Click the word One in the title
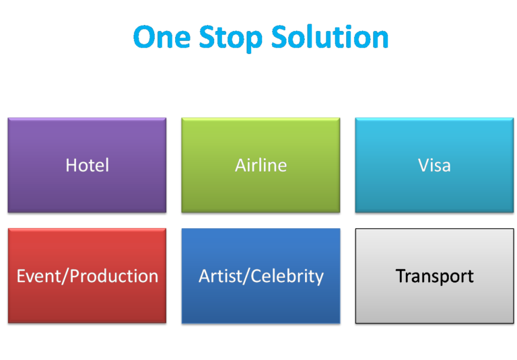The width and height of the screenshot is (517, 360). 162,36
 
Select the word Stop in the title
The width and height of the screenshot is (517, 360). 230,38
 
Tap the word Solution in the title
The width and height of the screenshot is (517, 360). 330,36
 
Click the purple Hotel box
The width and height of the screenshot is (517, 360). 87,165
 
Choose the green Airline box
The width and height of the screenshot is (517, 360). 261,165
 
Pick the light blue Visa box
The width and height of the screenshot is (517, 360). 435,165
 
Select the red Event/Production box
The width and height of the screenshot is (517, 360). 87,276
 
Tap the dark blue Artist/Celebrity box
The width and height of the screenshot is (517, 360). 261,276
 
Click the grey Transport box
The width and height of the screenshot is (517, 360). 435,276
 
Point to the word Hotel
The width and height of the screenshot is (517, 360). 88,165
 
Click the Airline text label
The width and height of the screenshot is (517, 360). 261,165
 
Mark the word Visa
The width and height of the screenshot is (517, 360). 434,165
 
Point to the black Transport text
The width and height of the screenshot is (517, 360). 435,277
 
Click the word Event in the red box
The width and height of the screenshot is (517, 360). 39,276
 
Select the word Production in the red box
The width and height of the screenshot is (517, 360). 114,276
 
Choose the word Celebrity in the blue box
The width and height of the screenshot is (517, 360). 287,277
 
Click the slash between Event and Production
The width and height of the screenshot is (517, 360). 66,276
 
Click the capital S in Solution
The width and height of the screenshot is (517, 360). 279,36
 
